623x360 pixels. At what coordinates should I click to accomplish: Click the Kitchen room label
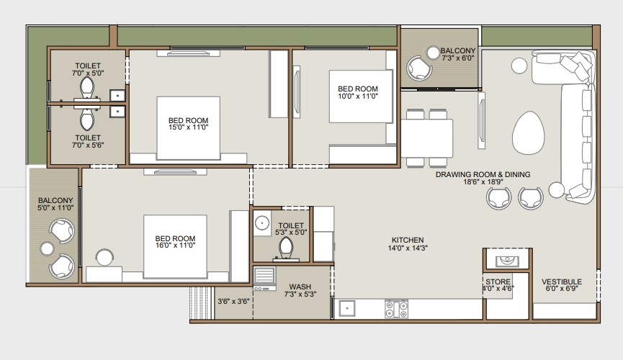click(x=408, y=240)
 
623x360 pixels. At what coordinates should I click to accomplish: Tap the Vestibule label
click(x=561, y=282)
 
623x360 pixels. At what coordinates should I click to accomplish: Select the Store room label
click(x=498, y=282)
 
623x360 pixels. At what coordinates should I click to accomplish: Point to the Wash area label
click(x=300, y=287)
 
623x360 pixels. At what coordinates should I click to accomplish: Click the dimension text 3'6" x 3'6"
click(x=233, y=302)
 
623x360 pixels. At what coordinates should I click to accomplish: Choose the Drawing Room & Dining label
click(x=483, y=174)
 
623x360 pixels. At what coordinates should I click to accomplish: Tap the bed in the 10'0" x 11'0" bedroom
click(x=361, y=96)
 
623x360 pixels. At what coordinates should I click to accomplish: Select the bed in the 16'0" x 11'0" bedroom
click(x=175, y=246)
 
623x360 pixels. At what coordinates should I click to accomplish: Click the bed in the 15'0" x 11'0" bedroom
click(x=188, y=128)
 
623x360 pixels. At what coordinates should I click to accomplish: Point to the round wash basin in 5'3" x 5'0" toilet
click(x=262, y=223)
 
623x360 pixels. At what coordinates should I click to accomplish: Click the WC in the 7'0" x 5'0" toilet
click(x=87, y=87)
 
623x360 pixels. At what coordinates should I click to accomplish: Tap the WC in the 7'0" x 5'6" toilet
click(x=87, y=120)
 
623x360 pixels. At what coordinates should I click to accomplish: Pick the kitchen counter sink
click(x=347, y=308)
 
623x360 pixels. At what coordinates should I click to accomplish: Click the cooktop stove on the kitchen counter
click(x=396, y=309)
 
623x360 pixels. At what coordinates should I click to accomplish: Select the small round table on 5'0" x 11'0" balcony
click(x=47, y=248)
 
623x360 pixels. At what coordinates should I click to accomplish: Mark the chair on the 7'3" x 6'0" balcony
click(x=419, y=68)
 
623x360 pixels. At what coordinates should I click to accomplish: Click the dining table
click(x=426, y=138)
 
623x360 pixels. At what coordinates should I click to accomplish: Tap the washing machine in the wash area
click(x=264, y=278)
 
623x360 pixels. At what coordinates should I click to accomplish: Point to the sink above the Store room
click(x=507, y=261)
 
